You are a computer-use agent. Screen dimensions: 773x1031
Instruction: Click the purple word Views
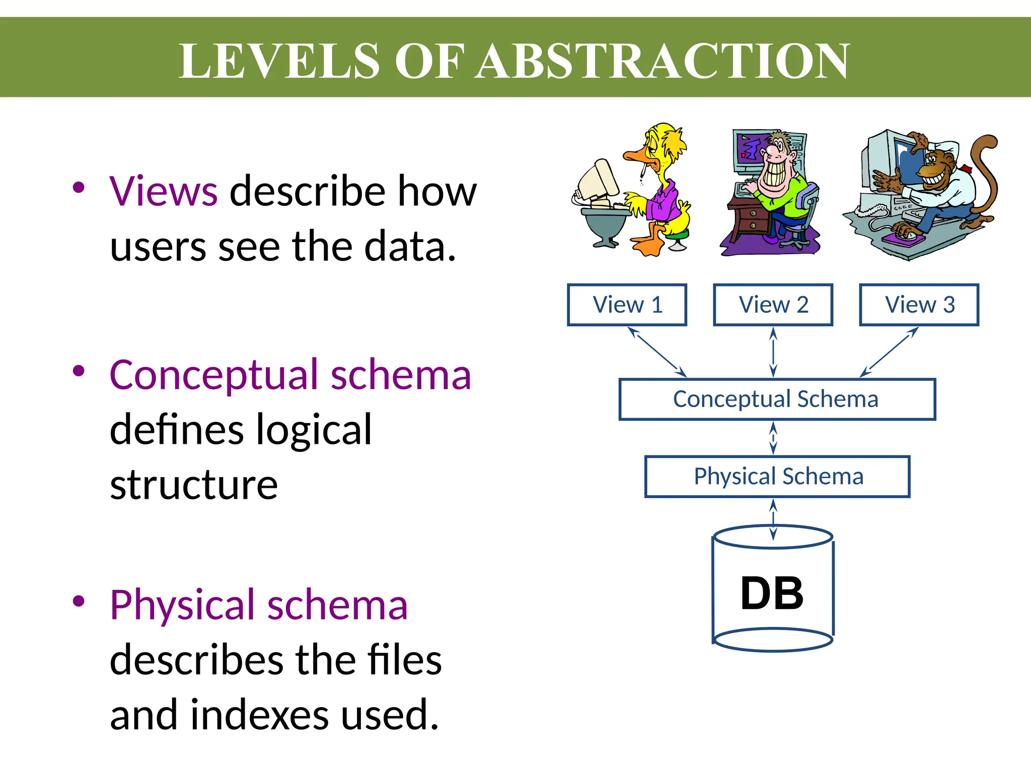163,191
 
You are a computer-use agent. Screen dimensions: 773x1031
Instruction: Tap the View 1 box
627,305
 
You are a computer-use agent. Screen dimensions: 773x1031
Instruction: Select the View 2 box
773,305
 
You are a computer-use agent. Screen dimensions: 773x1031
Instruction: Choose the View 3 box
919,305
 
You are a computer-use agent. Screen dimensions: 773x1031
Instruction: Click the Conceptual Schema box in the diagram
776,399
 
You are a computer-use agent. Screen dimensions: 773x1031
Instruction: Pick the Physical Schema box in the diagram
778,477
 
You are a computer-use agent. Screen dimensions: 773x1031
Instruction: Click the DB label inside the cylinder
772,594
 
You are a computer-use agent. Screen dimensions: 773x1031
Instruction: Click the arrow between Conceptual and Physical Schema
774,438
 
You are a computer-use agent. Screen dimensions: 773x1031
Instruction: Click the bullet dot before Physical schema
79,601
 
